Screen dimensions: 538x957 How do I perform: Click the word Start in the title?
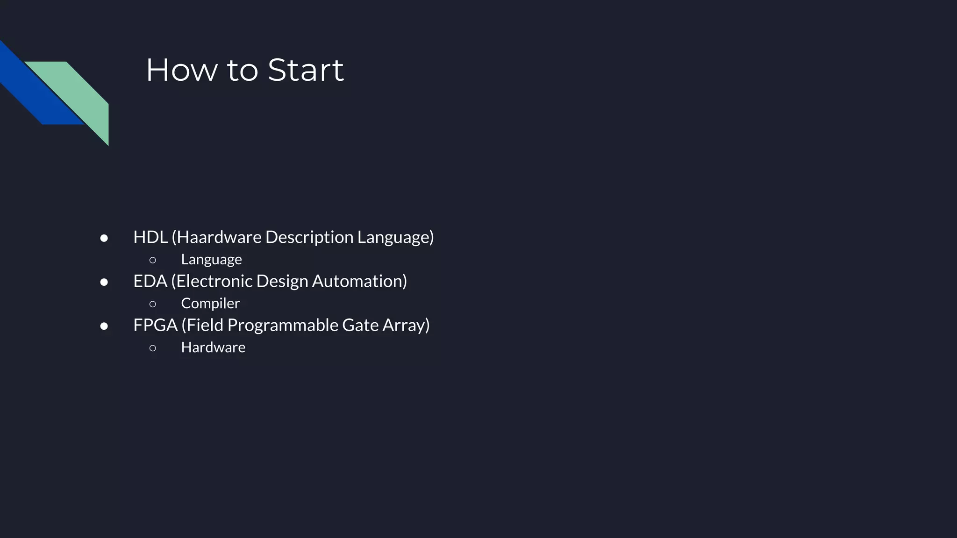pyautogui.click(x=306, y=71)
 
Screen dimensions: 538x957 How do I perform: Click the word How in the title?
pyautogui.click(x=182, y=71)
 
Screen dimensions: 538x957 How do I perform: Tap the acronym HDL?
pyautogui.click(x=150, y=237)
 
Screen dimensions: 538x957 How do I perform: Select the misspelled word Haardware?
pyautogui.click(x=219, y=237)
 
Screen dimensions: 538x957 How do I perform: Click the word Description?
pyautogui.click(x=309, y=237)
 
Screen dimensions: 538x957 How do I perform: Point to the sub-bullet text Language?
pyautogui.click(x=211, y=260)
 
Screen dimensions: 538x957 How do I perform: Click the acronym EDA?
pyautogui.click(x=150, y=281)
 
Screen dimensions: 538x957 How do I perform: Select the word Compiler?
pyautogui.click(x=210, y=304)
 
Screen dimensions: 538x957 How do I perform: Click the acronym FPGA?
pyautogui.click(x=155, y=325)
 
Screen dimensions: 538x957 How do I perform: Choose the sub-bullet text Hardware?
pyautogui.click(x=213, y=347)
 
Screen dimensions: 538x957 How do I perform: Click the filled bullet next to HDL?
pyautogui.click(x=104, y=238)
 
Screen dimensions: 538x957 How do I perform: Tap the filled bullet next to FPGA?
pyautogui.click(x=104, y=326)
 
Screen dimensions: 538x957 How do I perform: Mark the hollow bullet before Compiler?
pyautogui.click(x=153, y=304)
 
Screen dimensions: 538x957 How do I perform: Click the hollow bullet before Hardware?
pyautogui.click(x=153, y=348)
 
